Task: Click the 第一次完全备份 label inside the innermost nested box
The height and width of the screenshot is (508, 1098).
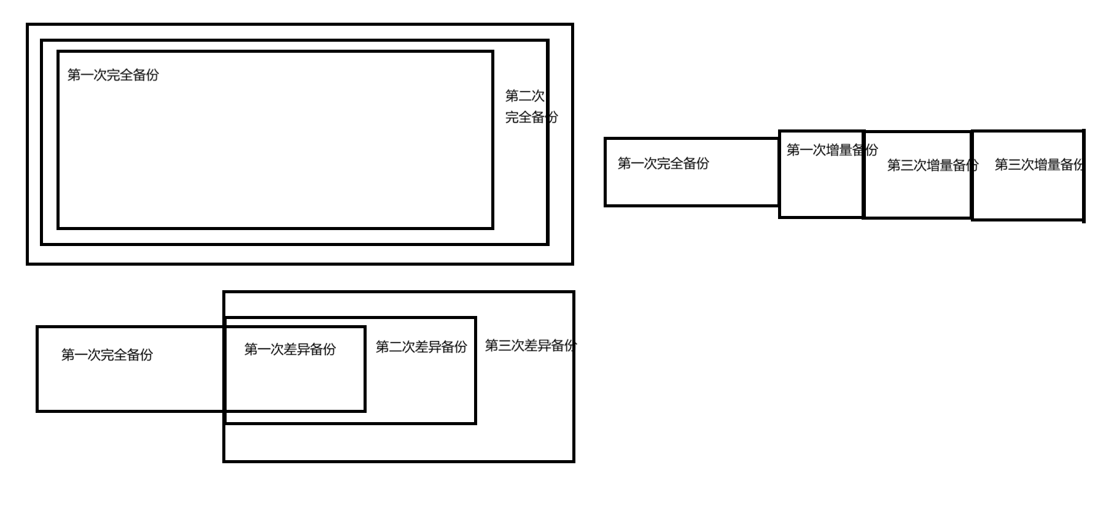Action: click(113, 75)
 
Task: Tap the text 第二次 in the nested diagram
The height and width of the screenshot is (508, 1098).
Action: click(524, 96)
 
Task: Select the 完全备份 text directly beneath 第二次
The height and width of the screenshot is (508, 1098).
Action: click(531, 117)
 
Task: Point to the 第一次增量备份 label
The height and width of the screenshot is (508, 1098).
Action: click(832, 150)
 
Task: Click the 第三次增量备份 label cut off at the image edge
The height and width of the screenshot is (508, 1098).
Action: click(1038, 164)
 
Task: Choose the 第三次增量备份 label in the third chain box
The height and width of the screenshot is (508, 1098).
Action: click(932, 165)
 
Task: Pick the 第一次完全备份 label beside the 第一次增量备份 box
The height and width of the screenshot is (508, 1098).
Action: click(663, 163)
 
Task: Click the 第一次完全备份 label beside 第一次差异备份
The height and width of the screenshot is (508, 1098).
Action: click(107, 355)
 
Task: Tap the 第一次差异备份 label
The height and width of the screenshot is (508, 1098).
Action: click(290, 349)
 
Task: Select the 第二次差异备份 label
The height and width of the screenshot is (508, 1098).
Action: click(421, 347)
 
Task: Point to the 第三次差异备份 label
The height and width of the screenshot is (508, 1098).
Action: click(531, 345)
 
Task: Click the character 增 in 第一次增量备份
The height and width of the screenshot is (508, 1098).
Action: click(833, 150)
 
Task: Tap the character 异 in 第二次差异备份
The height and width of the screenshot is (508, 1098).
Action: click(435, 347)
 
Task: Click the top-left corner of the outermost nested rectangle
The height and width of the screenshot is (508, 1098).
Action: click(28, 25)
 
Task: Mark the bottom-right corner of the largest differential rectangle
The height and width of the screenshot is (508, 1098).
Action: click(574, 461)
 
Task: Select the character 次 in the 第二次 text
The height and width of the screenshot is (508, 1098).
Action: click(538, 96)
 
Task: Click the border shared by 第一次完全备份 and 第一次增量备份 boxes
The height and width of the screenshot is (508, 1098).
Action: click(779, 172)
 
